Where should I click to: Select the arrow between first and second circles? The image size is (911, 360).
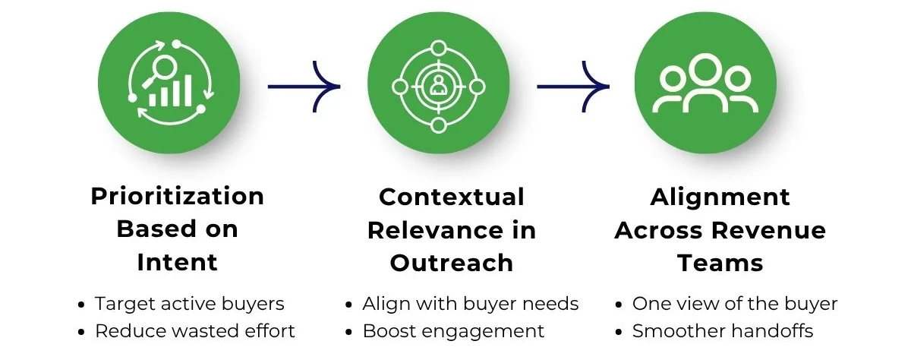303,86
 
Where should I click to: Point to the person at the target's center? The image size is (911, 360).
438,85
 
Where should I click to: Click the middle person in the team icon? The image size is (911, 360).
705,80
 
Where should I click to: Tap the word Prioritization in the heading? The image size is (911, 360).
178,196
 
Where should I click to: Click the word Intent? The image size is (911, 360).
178,262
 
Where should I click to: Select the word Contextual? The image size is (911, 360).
452,197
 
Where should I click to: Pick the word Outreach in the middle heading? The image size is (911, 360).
452,263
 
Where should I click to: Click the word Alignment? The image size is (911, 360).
720,197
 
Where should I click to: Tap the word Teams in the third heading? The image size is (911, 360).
720,263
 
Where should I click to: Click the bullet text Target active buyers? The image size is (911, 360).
189,304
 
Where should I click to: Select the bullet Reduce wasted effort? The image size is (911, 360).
195,331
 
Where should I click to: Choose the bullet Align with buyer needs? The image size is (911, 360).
470,304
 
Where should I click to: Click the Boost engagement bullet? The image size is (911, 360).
453,331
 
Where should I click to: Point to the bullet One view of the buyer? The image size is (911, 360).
734,304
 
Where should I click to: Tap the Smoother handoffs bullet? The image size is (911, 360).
722,331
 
